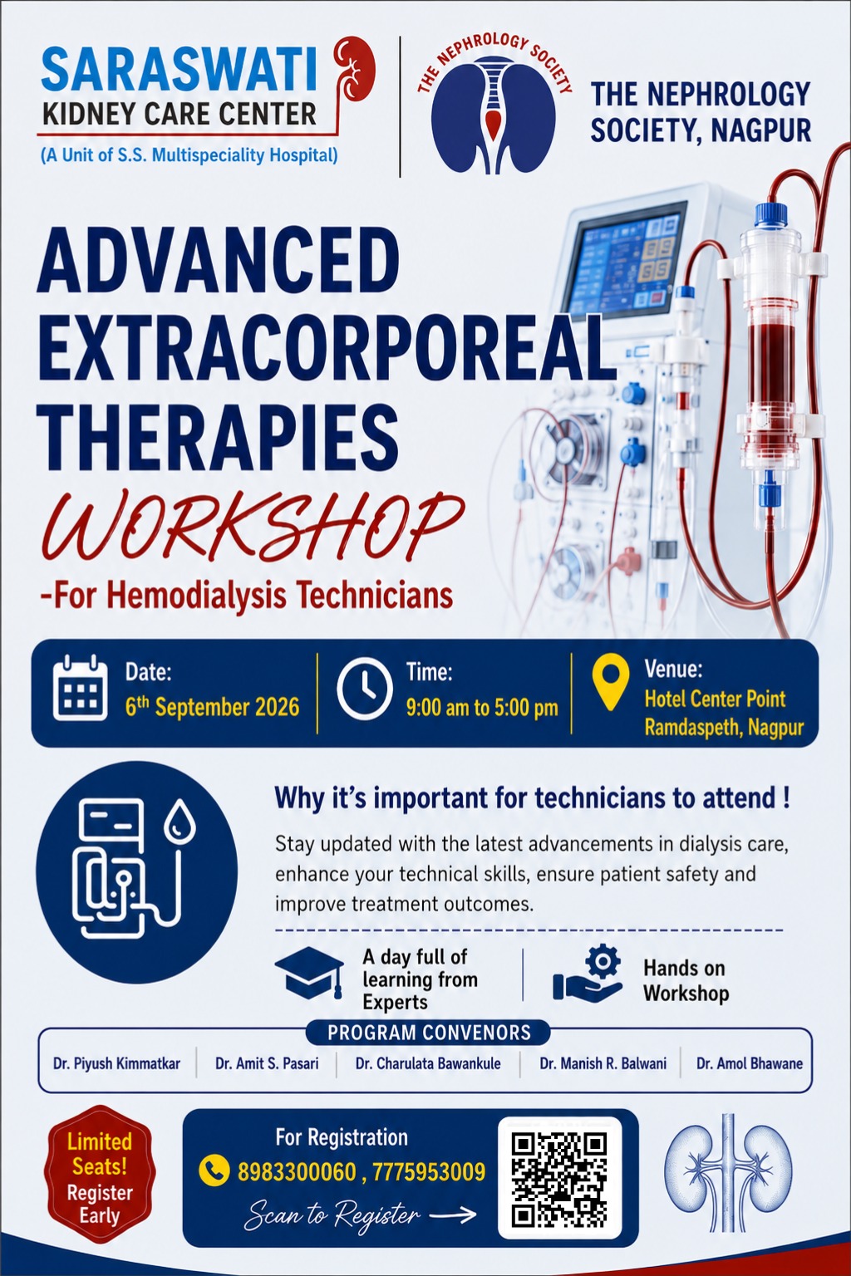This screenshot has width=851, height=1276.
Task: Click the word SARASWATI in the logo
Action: point(179,71)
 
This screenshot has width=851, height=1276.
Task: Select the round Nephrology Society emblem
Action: point(494,106)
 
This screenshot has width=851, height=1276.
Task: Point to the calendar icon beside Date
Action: point(80,688)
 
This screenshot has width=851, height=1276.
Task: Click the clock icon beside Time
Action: point(364,688)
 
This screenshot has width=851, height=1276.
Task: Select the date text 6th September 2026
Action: point(212,706)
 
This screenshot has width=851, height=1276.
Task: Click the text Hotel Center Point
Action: point(715,699)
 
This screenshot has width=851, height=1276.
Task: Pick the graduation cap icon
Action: point(309,973)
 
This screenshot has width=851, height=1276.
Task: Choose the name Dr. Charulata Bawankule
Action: point(428,1063)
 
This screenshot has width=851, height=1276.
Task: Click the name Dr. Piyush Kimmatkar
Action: point(116,1063)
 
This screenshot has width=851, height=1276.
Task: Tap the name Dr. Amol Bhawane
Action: point(750,1063)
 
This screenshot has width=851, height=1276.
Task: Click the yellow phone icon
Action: point(214,1171)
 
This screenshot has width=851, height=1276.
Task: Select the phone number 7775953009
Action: point(429,1172)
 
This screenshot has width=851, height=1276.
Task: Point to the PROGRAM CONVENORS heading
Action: point(429,1033)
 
